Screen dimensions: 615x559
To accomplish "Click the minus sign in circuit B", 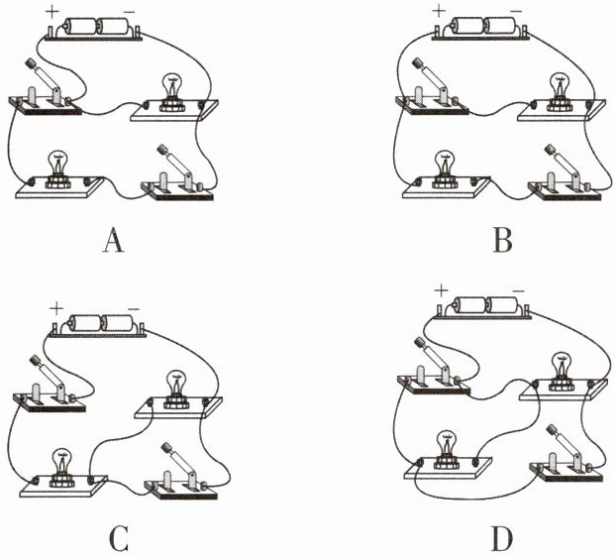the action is [x=515, y=12].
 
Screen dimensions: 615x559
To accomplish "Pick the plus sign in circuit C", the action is [x=57, y=309].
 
